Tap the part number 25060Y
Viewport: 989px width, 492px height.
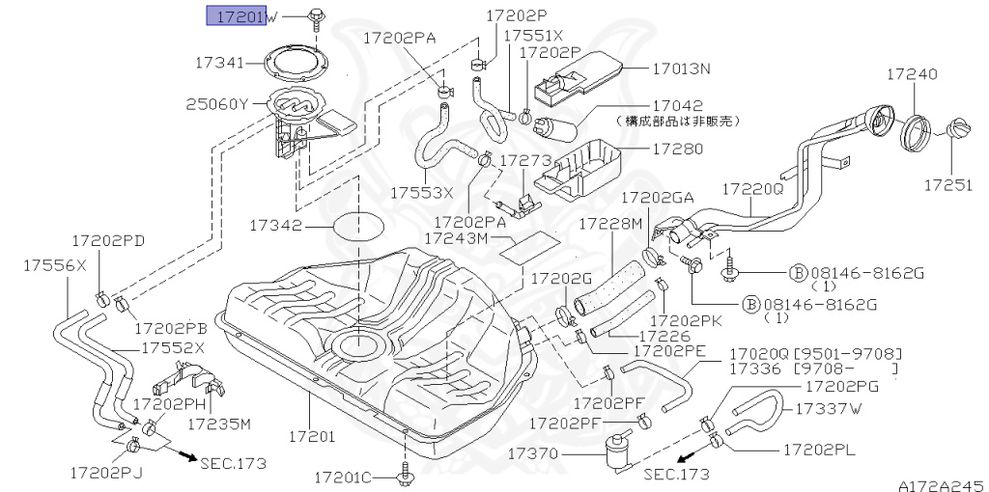217,103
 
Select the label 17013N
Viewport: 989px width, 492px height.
681,69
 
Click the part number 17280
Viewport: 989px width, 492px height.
677,150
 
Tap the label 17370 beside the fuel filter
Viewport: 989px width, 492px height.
534,451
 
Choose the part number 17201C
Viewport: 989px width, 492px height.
343,477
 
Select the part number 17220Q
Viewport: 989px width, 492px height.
753,190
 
